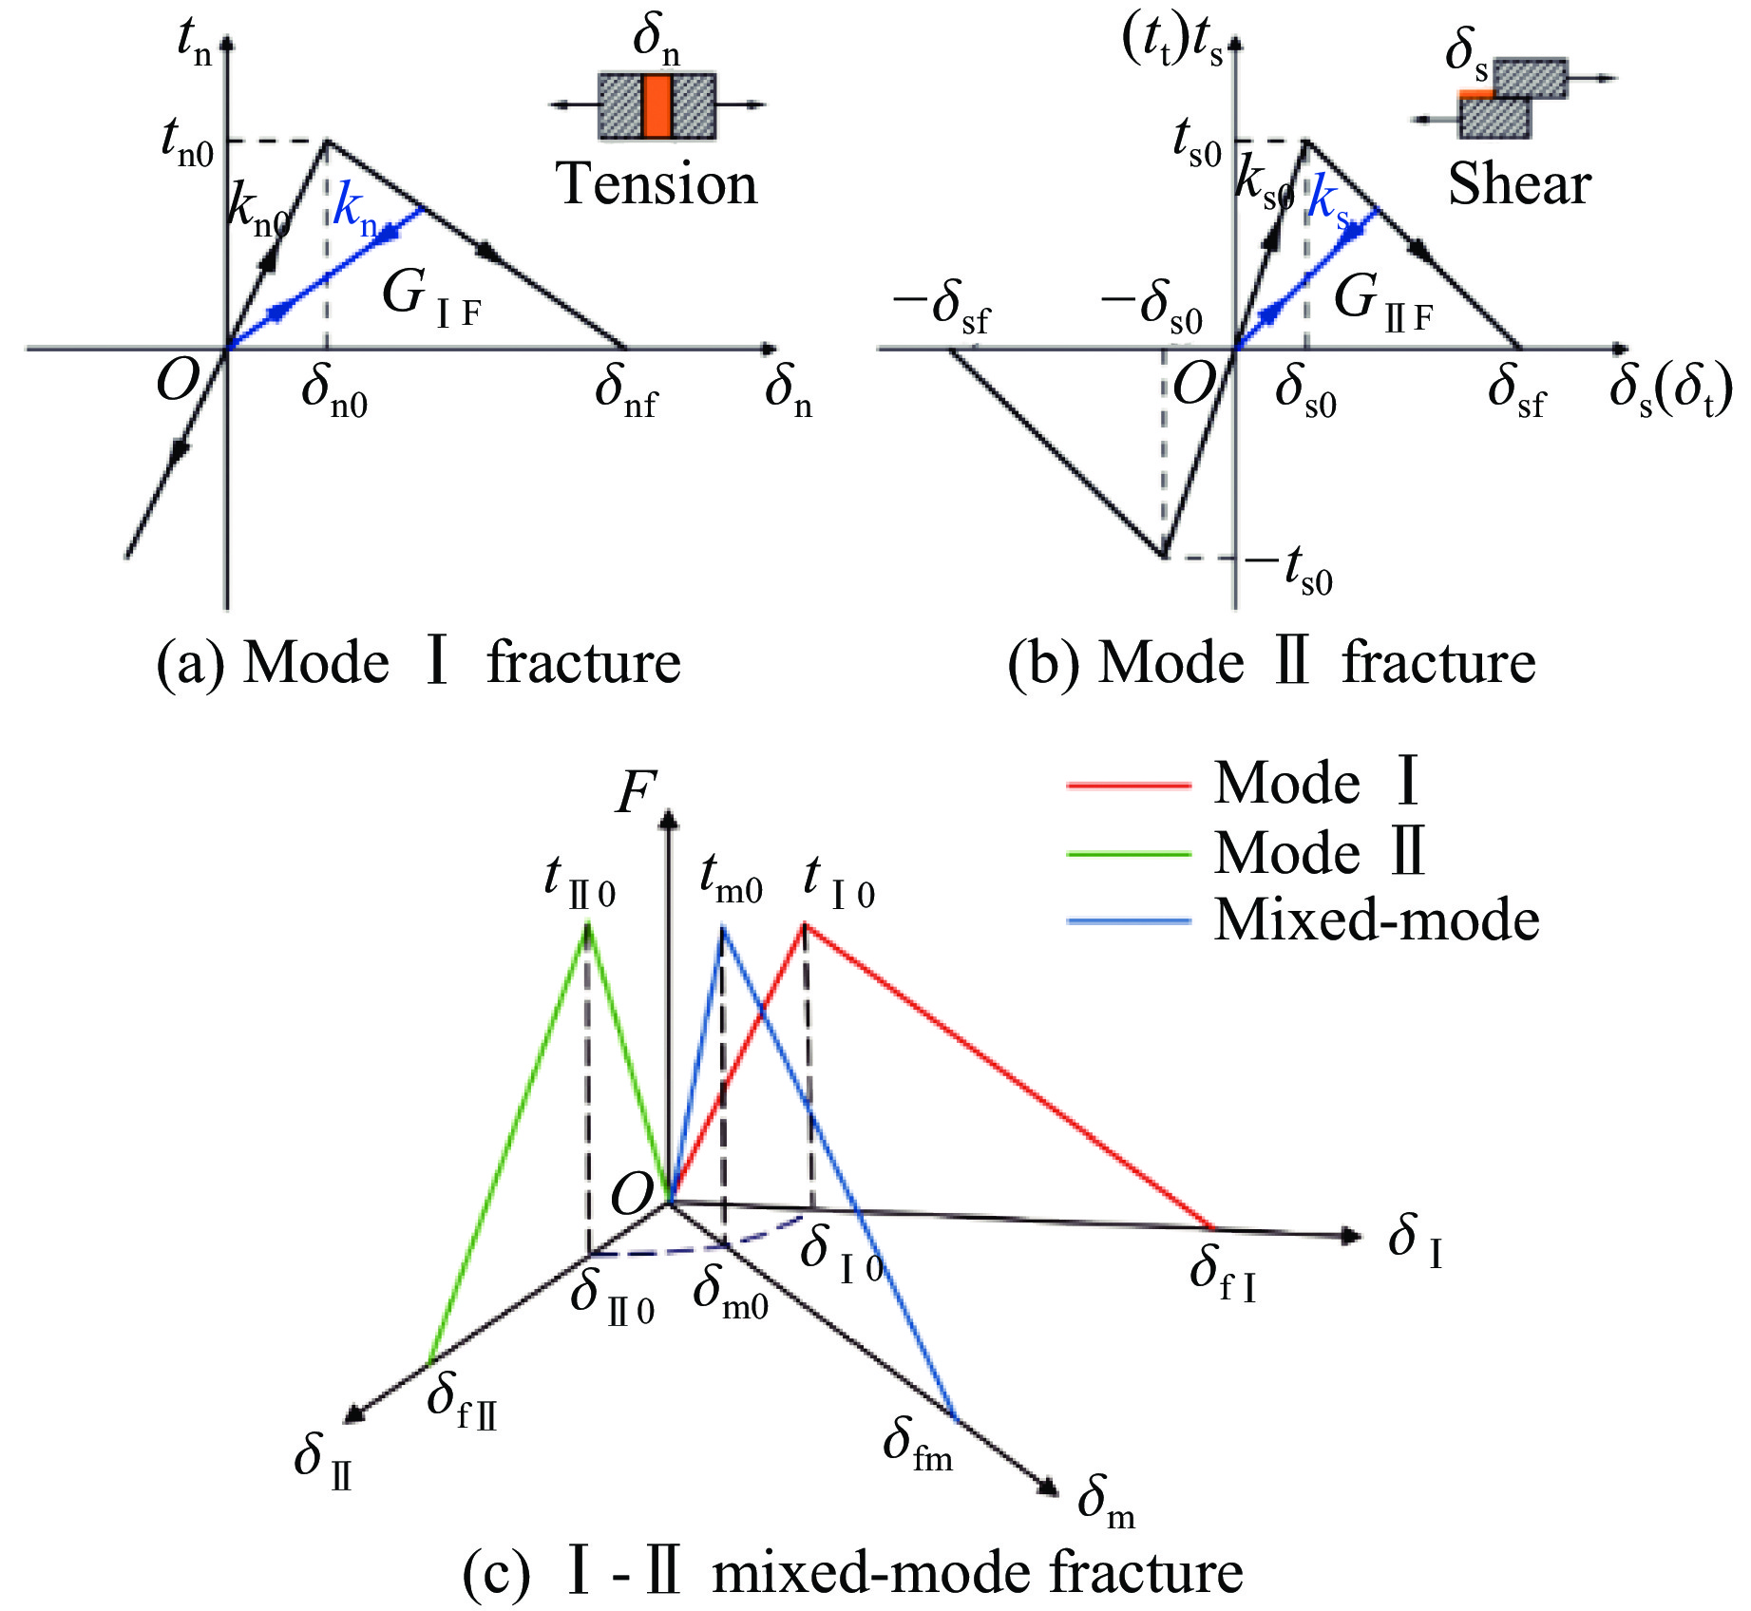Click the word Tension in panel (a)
(x=656, y=184)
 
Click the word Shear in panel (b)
(x=1518, y=184)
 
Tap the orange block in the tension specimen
(x=657, y=105)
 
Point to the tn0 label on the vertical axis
(x=188, y=144)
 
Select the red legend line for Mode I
(x=1128, y=786)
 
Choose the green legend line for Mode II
(x=1128, y=854)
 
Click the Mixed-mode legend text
(x=1376, y=920)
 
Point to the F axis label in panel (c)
(x=636, y=793)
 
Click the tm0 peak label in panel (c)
(x=731, y=880)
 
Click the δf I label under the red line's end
(x=1223, y=1273)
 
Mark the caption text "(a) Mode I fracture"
(x=418, y=662)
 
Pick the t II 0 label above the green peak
(x=580, y=881)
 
